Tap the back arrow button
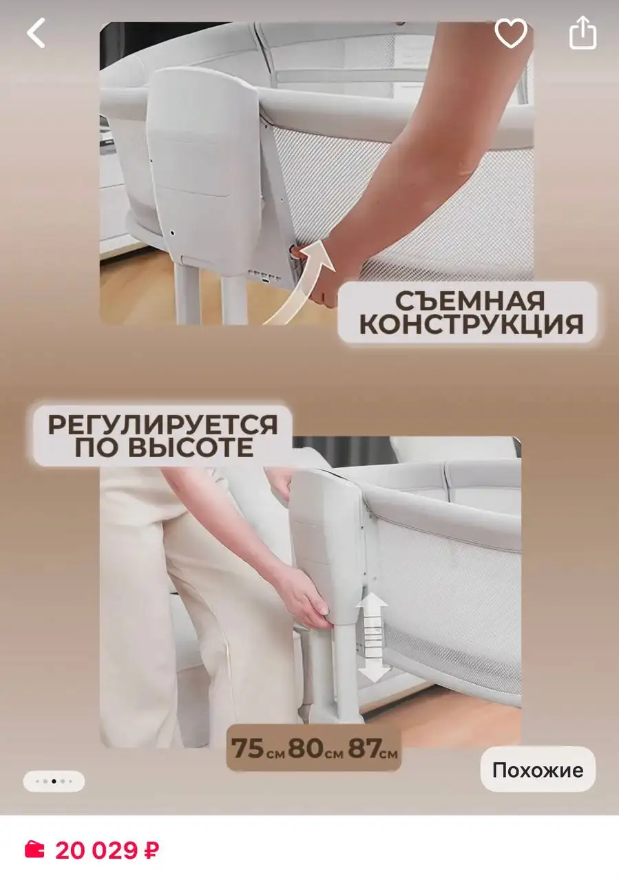(x=36, y=33)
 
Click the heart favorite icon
(x=511, y=33)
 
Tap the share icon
(x=583, y=33)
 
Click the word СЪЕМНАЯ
(x=470, y=300)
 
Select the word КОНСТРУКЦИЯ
(x=470, y=324)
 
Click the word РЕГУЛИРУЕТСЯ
(x=162, y=424)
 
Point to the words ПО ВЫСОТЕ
(x=162, y=449)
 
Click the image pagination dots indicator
(x=54, y=781)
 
